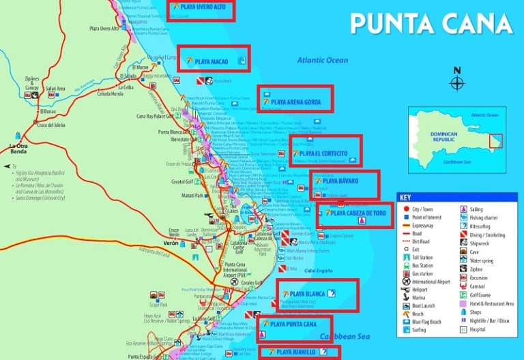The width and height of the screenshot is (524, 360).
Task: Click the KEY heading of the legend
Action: (408, 198)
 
